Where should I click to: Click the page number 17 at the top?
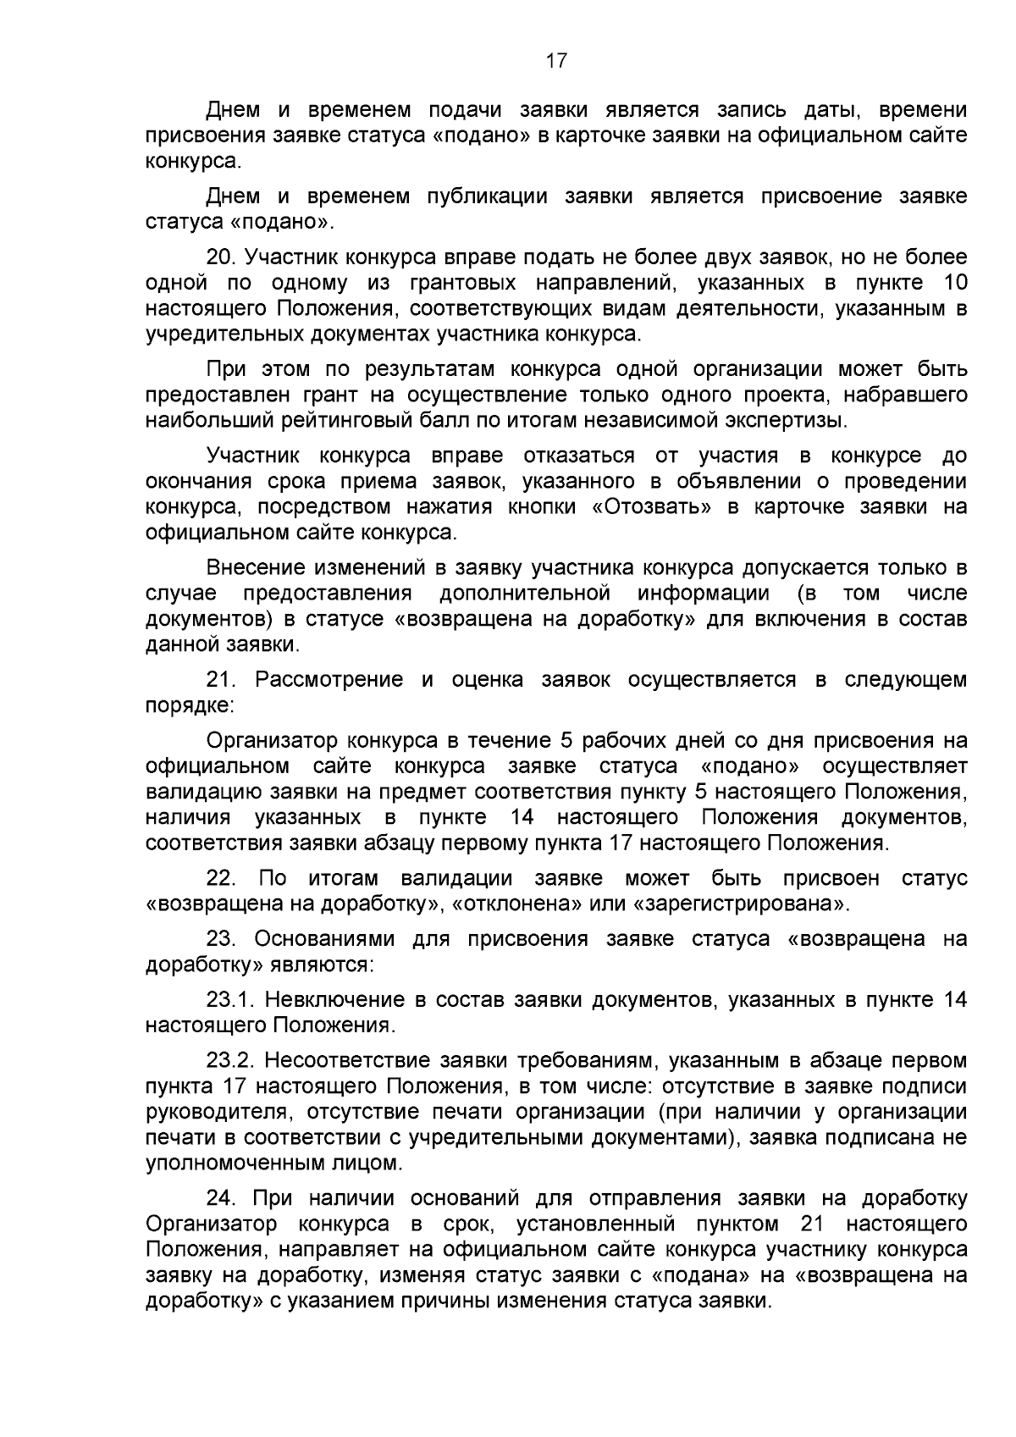coord(556,61)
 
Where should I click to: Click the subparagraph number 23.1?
coord(230,1000)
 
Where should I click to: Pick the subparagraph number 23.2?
coord(231,1061)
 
